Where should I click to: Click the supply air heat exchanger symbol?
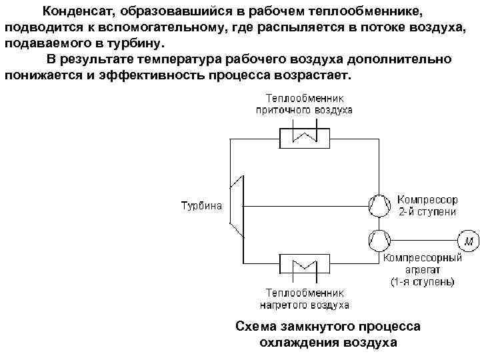(x=305, y=136)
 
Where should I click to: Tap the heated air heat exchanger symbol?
(x=305, y=267)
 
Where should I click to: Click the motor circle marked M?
(x=468, y=239)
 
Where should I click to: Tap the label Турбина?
(x=201, y=205)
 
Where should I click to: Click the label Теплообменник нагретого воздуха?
(x=305, y=299)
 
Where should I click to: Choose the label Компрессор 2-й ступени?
(x=427, y=205)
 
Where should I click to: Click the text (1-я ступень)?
(x=422, y=282)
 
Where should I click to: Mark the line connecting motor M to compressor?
(x=423, y=239)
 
